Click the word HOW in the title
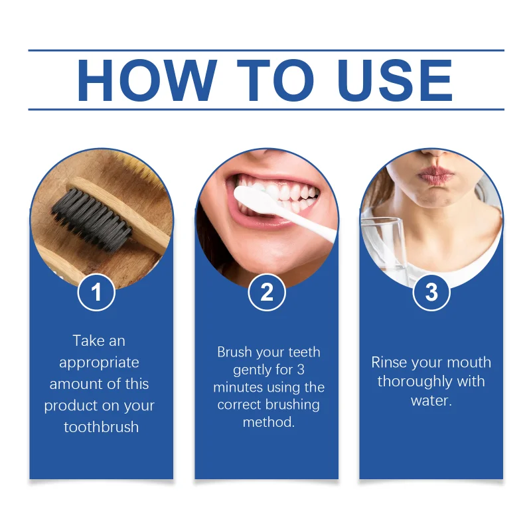147,82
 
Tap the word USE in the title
394,82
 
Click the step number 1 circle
97,293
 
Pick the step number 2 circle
267,293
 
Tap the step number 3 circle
431,293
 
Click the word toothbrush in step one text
102,427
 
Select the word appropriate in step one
99,362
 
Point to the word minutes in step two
238,387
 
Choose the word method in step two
267,422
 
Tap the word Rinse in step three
389,362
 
